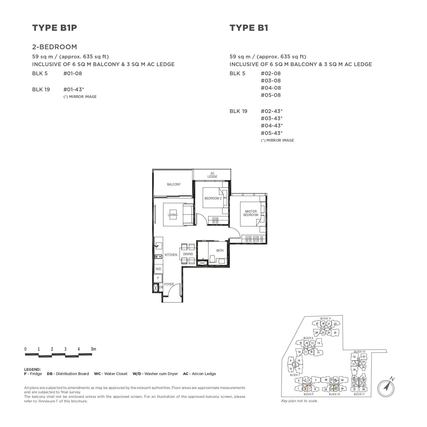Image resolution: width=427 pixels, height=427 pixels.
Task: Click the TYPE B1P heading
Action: click(x=55, y=28)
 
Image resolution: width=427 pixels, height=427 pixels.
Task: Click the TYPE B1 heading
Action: click(x=249, y=28)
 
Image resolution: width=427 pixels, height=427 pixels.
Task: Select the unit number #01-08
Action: click(x=73, y=73)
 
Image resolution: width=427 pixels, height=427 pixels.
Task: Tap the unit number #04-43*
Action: click(x=272, y=126)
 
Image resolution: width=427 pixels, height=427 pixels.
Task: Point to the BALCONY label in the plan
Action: click(x=174, y=184)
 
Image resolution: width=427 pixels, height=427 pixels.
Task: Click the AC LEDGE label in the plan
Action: click(x=212, y=175)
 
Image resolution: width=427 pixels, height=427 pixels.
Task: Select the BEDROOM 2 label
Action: click(x=213, y=198)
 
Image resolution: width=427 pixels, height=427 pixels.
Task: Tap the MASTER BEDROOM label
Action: click(x=251, y=213)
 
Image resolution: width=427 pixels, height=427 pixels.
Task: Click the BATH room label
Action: click(x=220, y=251)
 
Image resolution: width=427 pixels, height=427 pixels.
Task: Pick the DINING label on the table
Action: click(x=188, y=254)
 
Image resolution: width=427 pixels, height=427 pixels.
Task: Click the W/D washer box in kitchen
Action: click(x=158, y=269)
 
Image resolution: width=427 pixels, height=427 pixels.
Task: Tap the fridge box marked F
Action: click(x=158, y=278)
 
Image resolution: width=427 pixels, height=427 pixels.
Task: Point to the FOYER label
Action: click(x=169, y=284)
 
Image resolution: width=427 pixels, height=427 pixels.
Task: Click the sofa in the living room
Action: click(x=189, y=214)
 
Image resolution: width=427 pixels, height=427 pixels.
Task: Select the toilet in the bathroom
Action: click(x=212, y=259)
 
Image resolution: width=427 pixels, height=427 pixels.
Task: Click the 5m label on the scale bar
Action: click(x=93, y=349)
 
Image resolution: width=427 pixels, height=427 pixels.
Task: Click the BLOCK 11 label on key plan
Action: click(x=325, y=318)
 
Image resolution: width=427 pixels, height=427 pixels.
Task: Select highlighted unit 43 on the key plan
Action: click(x=336, y=389)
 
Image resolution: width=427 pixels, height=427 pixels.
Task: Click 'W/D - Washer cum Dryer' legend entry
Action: click(x=155, y=374)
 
